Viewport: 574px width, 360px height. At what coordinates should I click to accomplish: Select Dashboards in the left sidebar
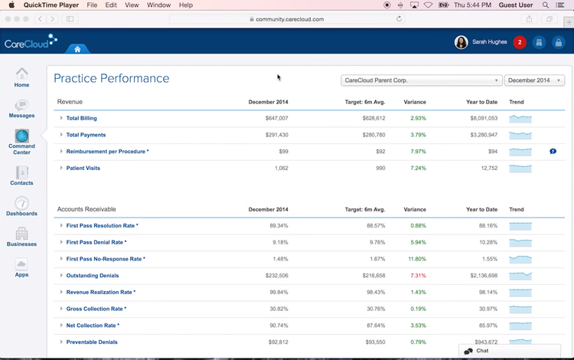click(21, 205)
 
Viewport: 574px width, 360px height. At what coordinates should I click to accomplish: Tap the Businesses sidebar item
click(21, 235)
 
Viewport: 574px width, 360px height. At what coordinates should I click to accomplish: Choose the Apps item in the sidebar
click(21, 266)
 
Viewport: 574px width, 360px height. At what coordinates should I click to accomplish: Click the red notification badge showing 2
click(520, 43)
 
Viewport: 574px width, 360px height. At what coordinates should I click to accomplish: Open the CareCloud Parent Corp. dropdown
click(421, 80)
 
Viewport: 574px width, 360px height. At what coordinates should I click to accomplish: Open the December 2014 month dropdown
click(534, 80)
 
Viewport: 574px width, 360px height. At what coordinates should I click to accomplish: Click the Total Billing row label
click(81, 119)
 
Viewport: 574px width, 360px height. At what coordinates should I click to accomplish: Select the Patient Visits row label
click(83, 168)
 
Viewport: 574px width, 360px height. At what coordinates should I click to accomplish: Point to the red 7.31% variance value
click(417, 275)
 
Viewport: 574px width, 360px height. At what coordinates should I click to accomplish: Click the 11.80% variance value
click(416, 259)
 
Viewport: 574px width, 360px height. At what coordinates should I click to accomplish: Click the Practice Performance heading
click(112, 79)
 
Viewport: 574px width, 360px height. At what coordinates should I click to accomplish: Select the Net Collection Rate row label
click(93, 326)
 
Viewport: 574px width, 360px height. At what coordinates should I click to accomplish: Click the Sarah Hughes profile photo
click(461, 43)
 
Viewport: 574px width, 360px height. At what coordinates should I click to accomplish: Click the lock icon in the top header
click(559, 43)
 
